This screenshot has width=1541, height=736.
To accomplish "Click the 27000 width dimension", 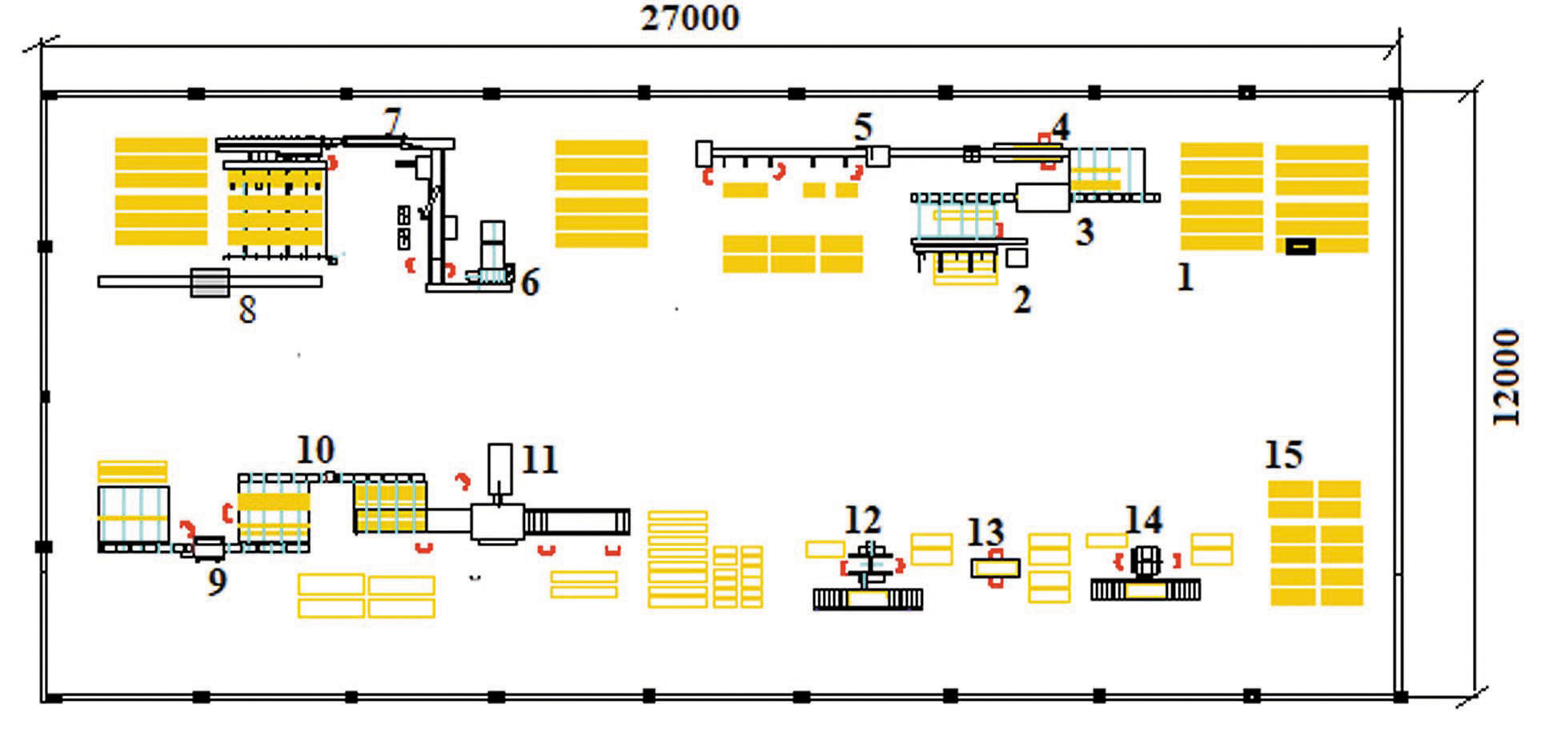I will pyautogui.click(x=690, y=18).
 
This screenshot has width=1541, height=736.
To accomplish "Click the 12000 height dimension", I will pyautogui.click(x=1506, y=376).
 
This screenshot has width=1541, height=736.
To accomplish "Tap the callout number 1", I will pyautogui.click(x=1185, y=278).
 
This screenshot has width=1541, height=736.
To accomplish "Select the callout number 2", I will pyautogui.click(x=1022, y=300).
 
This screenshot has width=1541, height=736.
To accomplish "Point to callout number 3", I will pyautogui.click(x=1084, y=232).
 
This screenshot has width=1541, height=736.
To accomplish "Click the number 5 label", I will pyautogui.click(x=862, y=127).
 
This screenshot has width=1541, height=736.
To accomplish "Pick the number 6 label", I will pyautogui.click(x=530, y=283).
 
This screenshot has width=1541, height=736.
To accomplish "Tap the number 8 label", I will pyautogui.click(x=247, y=310).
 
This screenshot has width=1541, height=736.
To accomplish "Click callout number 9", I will pyautogui.click(x=217, y=582).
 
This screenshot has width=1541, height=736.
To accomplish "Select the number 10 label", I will pyautogui.click(x=315, y=450).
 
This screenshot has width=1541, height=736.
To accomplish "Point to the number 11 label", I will pyautogui.click(x=539, y=460).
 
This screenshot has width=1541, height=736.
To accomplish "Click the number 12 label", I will pyautogui.click(x=862, y=521).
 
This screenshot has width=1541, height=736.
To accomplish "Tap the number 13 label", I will pyautogui.click(x=985, y=533).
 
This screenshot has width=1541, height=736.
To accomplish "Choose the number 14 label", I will pyautogui.click(x=1143, y=521).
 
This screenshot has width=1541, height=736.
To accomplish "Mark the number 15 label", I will pyautogui.click(x=1283, y=455).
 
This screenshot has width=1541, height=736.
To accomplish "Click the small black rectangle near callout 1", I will pyautogui.click(x=1300, y=247).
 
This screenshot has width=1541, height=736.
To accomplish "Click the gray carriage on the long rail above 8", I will pyautogui.click(x=210, y=282).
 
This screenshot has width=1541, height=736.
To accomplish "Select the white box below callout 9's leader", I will pyautogui.click(x=209, y=548).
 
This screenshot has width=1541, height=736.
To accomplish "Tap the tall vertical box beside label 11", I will pyautogui.click(x=500, y=469).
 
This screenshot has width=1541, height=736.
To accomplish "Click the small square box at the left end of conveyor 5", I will pyautogui.click(x=704, y=153).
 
